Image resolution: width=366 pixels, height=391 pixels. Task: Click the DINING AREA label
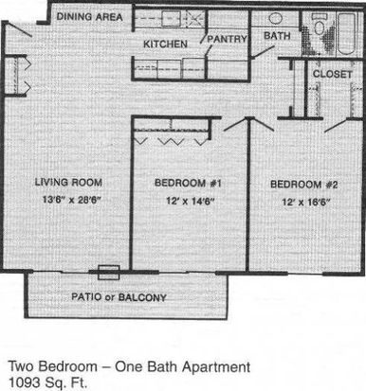[89, 16]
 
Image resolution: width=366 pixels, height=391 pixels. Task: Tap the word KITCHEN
[165, 44]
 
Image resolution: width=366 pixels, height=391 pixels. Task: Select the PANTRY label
[227, 39]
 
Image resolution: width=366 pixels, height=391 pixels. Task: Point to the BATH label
[277, 36]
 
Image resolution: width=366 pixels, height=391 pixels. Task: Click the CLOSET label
[332, 74]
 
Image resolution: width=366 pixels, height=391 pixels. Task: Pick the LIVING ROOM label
[68, 182]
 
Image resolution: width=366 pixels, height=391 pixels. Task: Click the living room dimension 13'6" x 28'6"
[71, 200]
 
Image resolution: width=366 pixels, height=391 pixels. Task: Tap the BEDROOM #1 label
[188, 183]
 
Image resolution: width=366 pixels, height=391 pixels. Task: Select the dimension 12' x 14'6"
[191, 201]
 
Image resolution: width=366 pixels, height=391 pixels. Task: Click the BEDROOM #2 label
[303, 185]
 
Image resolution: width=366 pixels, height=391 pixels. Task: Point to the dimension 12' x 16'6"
[306, 202]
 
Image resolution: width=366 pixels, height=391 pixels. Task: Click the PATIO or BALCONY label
[119, 297]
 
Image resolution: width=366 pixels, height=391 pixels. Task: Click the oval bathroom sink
[276, 18]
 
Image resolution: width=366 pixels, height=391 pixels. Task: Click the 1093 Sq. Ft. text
[47, 382]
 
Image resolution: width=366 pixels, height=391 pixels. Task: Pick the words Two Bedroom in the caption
[53, 366]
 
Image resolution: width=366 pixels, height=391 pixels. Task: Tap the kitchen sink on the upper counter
[171, 19]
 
